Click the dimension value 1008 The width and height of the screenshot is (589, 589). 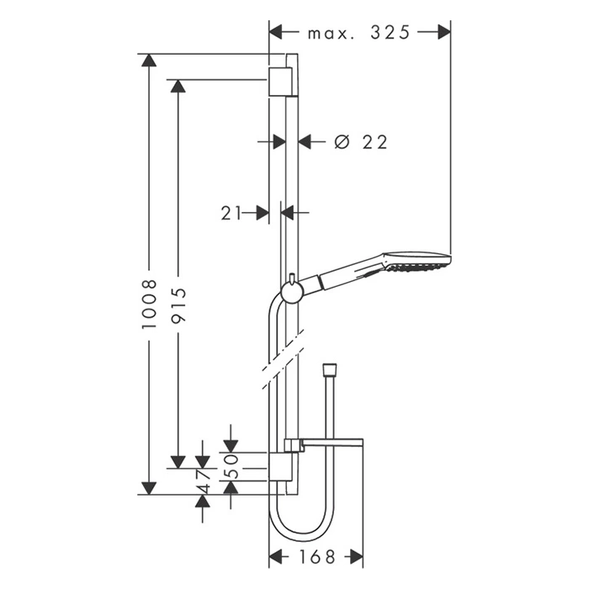149,304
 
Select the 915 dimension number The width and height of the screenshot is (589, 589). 178,305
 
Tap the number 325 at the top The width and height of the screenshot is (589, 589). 390,32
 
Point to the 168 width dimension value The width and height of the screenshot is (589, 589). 316,557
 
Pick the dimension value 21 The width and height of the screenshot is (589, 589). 231,213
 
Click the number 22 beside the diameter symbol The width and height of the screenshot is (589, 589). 375,142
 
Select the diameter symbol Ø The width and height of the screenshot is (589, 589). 342,142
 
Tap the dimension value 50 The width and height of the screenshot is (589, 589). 232,466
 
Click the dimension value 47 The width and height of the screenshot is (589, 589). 204,480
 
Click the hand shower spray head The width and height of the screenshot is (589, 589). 417,262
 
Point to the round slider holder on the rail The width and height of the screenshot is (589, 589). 291,292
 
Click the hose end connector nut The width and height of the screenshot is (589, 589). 330,368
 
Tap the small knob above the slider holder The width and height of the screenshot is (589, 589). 291,277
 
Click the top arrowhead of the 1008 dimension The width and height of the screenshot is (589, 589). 149,61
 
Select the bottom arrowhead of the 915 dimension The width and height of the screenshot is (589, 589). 178,462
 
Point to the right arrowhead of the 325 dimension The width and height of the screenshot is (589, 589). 444,32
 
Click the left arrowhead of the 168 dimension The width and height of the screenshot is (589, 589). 276,556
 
